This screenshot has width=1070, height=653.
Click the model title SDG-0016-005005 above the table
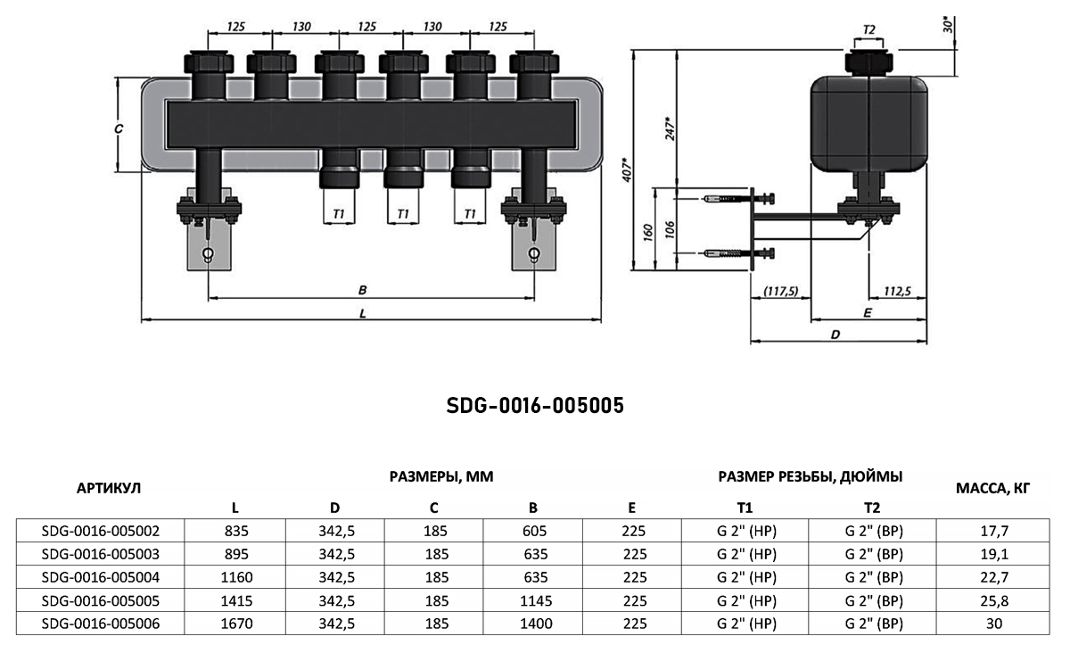coord(534,406)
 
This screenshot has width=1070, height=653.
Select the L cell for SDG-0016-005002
coord(235,530)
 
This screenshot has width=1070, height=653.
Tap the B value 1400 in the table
coord(532,623)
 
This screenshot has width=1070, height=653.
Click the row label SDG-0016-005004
coord(100,576)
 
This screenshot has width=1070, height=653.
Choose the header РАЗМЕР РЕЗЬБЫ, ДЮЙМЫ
coord(810,476)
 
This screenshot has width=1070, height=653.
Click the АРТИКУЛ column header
coord(109,487)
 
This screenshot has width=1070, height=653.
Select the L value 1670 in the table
coord(235,623)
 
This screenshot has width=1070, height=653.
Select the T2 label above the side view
coord(868,30)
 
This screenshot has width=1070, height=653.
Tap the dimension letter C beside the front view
coord(118,128)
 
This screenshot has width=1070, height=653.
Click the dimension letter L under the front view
coord(362,313)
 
